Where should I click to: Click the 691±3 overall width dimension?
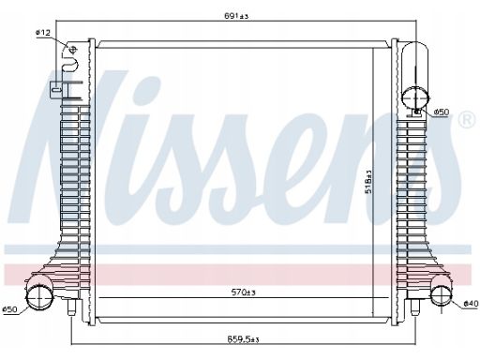pos(236,16)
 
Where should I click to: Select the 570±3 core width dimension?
pos(244,292)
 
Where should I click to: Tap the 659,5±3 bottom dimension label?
pos(243,339)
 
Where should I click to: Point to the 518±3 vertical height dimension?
pos(368,181)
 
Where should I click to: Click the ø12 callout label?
pos(43,32)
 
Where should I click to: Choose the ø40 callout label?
pos(471,303)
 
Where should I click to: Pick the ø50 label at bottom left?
pos(9,309)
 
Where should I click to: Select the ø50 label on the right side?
pos(442,112)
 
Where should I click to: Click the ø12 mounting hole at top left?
pos(72,50)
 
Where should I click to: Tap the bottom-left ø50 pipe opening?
pos(38,296)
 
